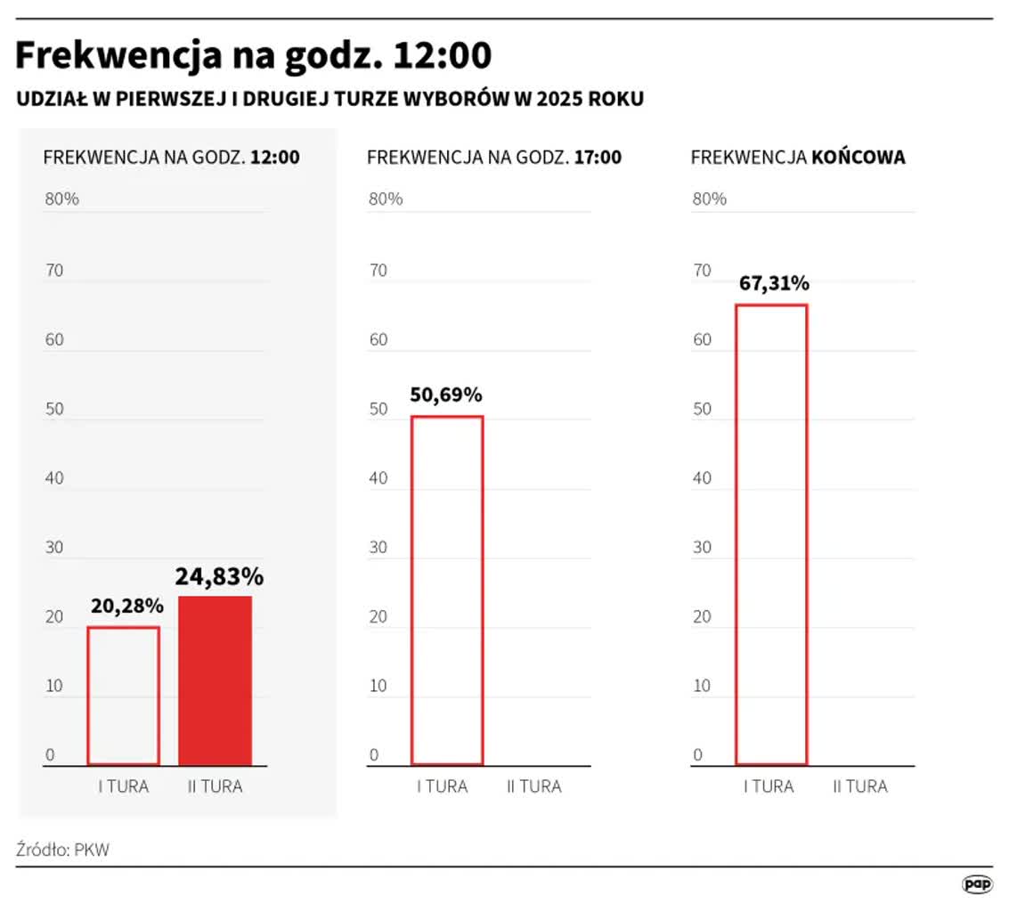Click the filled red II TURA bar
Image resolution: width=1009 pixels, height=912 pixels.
coord(215,680)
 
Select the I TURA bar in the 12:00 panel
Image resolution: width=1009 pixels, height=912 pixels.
coord(124,696)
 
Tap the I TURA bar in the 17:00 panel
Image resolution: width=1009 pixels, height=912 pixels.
coord(447,590)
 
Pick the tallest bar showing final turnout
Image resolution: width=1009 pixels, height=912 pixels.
coord(771,534)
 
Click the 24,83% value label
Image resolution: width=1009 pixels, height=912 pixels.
coord(219,577)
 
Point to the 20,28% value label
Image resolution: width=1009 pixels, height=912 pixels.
coord(126,607)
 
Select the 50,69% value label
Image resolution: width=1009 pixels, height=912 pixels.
coord(446,395)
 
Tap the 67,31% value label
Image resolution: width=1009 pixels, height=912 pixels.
coord(774,283)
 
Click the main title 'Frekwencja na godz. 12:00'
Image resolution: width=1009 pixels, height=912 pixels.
coord(253,56)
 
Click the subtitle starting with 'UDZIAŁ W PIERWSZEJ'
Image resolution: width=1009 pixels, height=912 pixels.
coord(330,99)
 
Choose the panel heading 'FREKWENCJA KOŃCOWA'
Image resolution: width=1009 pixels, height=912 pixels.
coord(798,158)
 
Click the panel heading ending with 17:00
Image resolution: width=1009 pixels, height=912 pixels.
coord(494,158)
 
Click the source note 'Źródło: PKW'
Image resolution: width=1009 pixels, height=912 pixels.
coord(62,850)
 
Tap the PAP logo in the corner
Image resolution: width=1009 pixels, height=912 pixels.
coord(977,883)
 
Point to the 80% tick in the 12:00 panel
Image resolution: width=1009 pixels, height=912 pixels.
coord(62,199)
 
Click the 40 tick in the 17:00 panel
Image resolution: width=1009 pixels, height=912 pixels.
coord(378,478)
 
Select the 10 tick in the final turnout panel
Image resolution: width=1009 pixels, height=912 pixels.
coord(703,686)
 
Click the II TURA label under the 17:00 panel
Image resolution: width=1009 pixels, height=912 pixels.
coord(534,786)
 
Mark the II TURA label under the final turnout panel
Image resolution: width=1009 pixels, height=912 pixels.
coord(860,786)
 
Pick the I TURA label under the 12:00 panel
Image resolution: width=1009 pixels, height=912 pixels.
coord(123,786)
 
